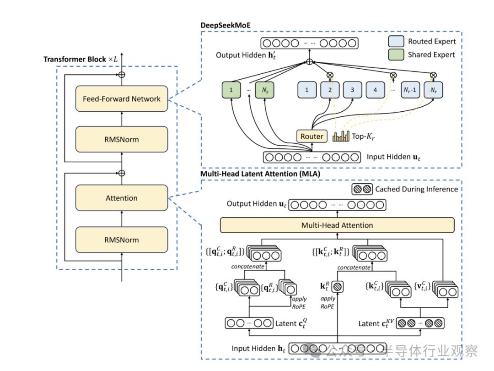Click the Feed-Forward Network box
[122, 98]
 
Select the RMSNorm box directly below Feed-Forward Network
[122, 139]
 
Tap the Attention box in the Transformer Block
[122, 198]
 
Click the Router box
[311, 136]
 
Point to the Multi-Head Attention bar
[337, 225]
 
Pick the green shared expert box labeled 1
[231, 90]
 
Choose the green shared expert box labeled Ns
[265, 90]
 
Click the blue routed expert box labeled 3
[352, 90]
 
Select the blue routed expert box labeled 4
[375, 90]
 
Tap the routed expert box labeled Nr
[433, 90]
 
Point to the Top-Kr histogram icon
[341, 136]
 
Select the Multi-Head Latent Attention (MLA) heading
[260, 174]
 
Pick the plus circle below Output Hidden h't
[310, 61]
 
